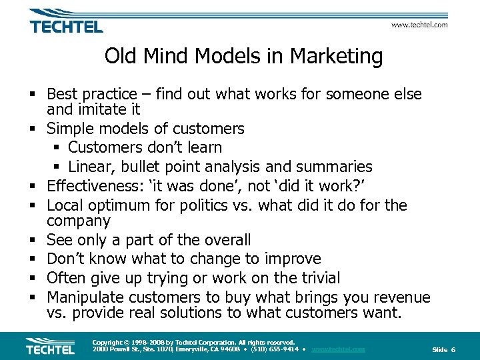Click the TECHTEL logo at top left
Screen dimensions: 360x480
point(65,22)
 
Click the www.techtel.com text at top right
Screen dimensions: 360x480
point(419,25)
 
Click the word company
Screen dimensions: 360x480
point(79,221)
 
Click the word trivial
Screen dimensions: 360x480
point(315,278)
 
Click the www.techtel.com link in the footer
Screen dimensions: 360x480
point(338,349)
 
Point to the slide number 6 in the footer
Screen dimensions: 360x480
point(453,350)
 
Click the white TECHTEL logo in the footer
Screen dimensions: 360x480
point(50,347)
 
